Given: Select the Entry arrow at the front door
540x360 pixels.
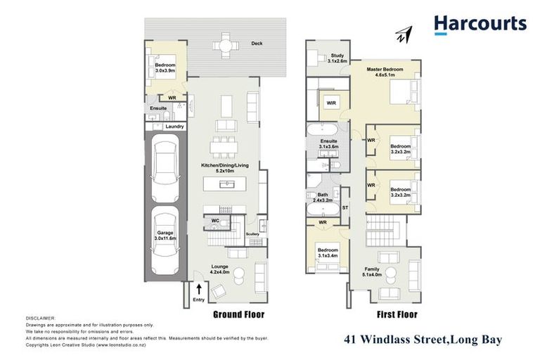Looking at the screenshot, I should [x=199, y=289].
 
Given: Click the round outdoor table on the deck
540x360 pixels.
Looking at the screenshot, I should [x=224, y=47].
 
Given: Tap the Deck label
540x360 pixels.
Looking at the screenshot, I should [x=257, y=44].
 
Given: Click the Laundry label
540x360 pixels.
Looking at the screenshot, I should [x=174, y=127].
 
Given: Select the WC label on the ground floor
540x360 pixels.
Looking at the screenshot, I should [x=215, y=220].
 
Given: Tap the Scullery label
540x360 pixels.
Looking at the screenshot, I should [x=252, y=233].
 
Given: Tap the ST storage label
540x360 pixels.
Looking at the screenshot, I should [x=345, y=207].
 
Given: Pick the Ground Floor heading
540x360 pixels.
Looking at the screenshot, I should [x=238, y=314].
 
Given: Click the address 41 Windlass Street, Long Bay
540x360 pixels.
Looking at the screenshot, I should [x=423, y=340].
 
